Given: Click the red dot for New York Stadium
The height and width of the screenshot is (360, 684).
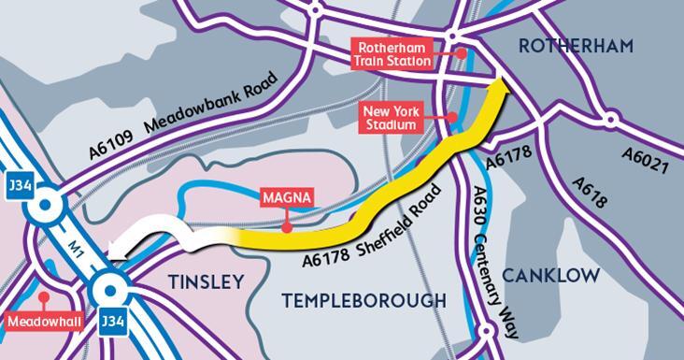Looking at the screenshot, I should click(452, 118).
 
